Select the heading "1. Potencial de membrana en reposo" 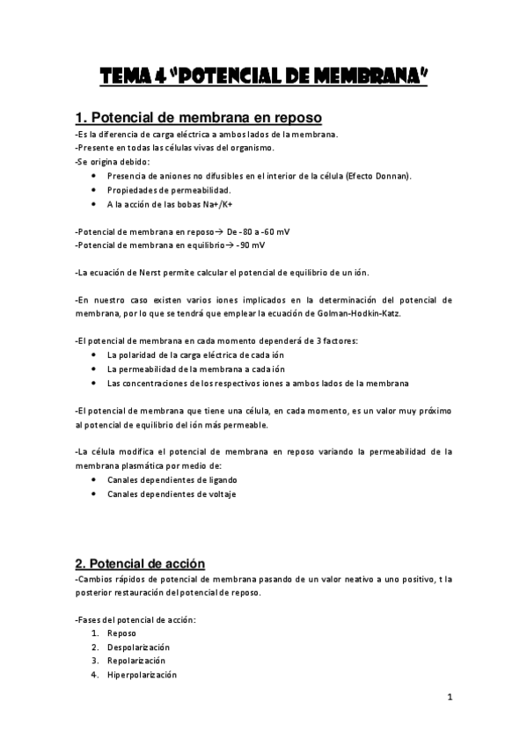[198, 118]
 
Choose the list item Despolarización [138, 647]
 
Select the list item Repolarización [136, 661]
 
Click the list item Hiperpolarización [142, 675]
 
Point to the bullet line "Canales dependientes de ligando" [172, 479]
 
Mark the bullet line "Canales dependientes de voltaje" [172, 494]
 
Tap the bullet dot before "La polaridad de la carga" [94, 355]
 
